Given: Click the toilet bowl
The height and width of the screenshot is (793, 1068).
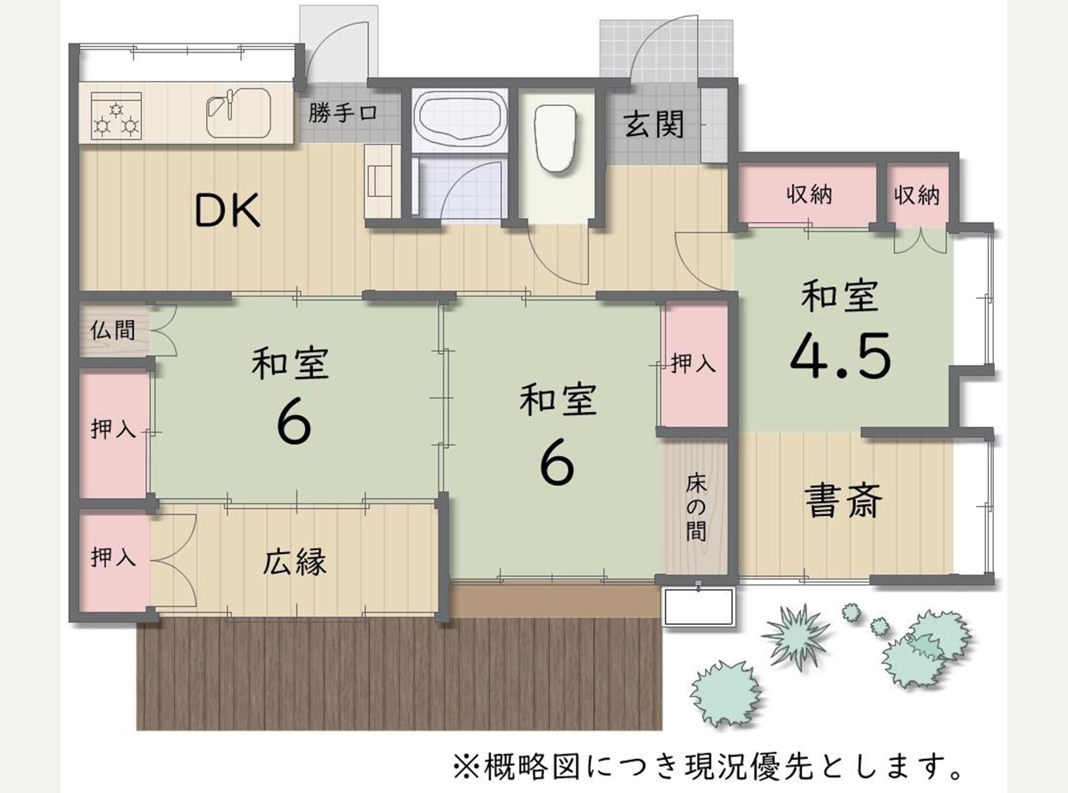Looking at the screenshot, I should pos(556,137).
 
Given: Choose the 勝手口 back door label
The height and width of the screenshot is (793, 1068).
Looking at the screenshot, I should pos(343,113).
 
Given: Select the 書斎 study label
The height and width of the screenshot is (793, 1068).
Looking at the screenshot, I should pos(843,501).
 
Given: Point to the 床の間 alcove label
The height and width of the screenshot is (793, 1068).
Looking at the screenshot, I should pos(696,507).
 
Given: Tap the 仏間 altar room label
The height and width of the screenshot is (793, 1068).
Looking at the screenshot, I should pos(113,330).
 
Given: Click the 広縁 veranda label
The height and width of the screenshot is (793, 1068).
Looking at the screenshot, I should pos(295,562).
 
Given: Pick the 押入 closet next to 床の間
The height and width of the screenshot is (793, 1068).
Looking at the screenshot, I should pos(693,363).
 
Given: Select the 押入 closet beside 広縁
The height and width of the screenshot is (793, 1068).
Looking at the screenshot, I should pos(113,558).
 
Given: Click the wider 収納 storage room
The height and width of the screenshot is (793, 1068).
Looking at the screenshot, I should pos(809,195).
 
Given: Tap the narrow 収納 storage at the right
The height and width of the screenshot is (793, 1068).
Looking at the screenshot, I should pos(916,195).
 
